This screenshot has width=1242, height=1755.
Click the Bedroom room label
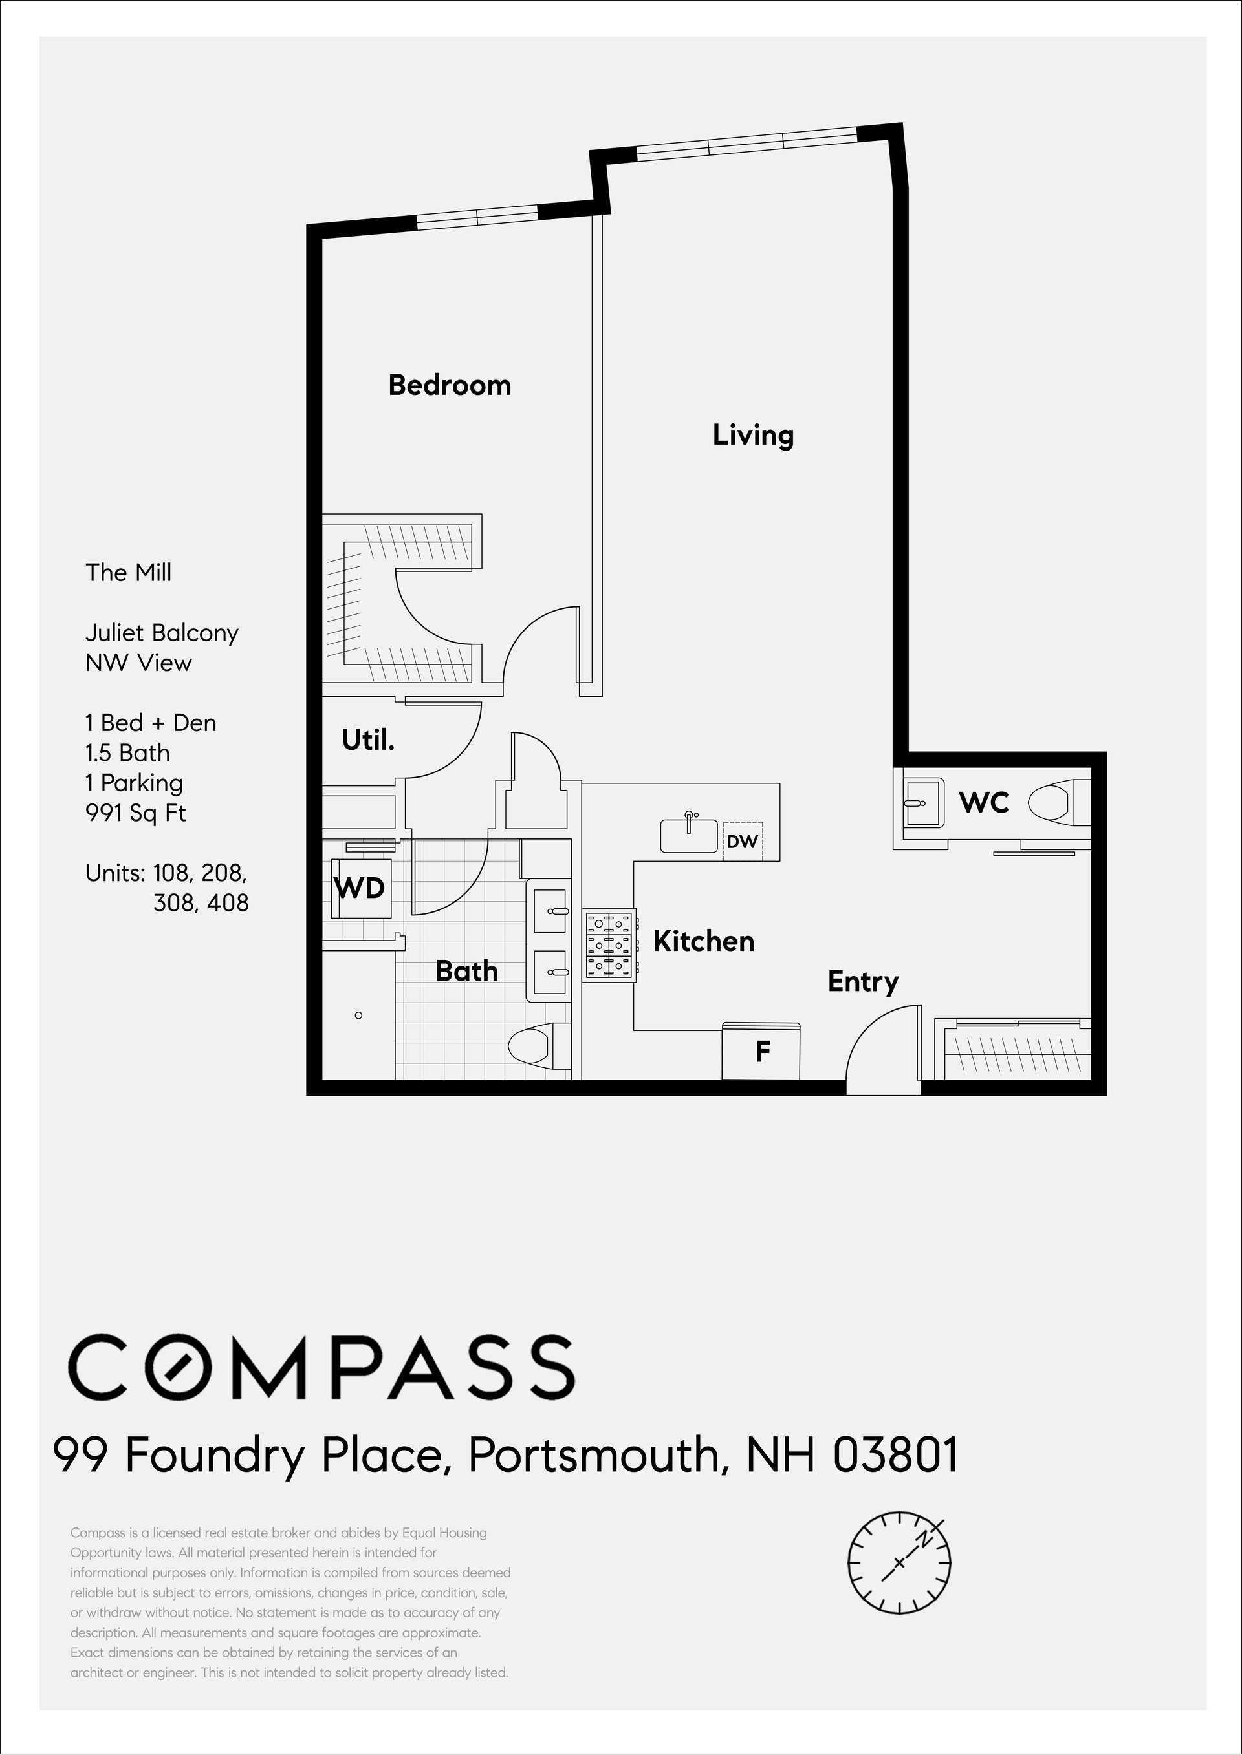(x=450, y=385)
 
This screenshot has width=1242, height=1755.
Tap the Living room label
(x=754, y=436)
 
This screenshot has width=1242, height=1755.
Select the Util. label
(x=368, y=740)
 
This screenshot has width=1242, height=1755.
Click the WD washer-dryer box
(x=361, y=888)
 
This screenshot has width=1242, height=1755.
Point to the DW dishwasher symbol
(x=743, y=842)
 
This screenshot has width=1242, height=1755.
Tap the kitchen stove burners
(x=609, y=945)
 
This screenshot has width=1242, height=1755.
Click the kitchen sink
(x=689, y=835)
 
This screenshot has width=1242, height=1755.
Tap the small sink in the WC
(x=924, y=803)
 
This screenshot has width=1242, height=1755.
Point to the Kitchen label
(x=704, y=941)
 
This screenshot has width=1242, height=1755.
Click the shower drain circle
(x=358, y=1015)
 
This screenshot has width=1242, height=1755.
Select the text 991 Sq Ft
(x=135, y=813)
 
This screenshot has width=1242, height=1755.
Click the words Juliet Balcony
(x=161, y=633)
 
